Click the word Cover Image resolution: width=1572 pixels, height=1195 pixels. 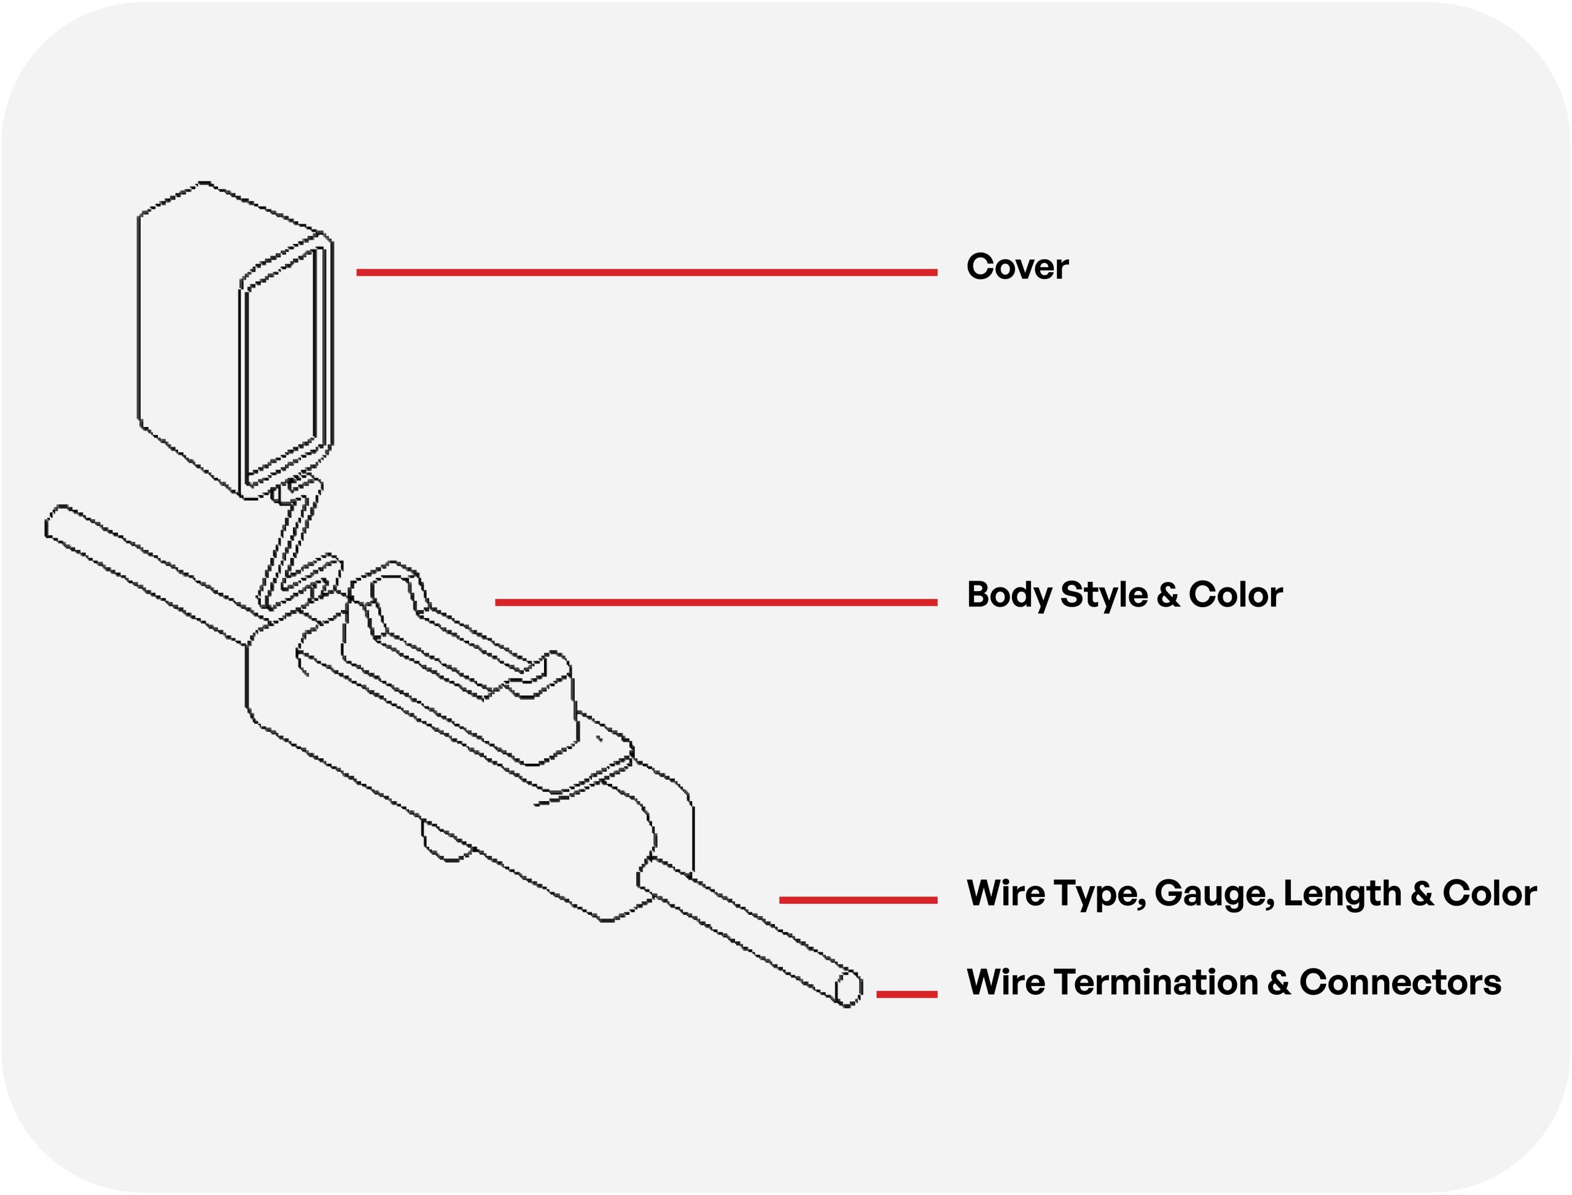click(1017, 267)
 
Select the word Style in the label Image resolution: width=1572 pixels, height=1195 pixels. click(1103, 595)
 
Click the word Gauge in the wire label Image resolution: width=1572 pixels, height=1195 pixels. click(1213, 894)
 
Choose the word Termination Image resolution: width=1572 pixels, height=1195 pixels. click(1156, 983)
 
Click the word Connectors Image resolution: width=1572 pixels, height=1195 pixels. click(1400, 983)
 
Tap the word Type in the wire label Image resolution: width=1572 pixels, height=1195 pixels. click(1099, 894)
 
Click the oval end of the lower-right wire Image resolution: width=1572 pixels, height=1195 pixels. click(848, 988)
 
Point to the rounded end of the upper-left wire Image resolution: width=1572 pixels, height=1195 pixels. click(53, 523)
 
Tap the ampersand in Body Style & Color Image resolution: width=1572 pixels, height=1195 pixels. click(1167, 595)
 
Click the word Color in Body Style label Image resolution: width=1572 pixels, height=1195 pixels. click(1235, 595)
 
